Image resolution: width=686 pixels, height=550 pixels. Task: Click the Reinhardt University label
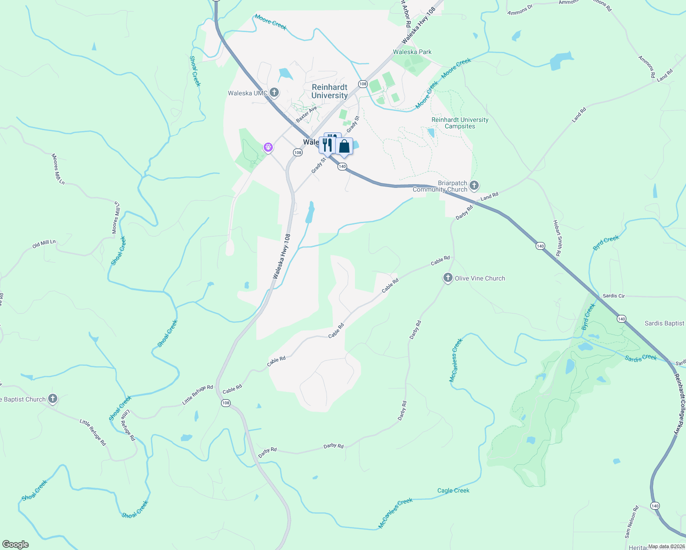pos(329,91)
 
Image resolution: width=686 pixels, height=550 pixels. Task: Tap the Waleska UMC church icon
pos(274,93)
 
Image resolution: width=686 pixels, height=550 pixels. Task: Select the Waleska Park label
pos(412,52)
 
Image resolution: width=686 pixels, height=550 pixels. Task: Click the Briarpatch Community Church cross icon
pos(474,186)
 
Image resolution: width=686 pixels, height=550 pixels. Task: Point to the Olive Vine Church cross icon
pos(448,278)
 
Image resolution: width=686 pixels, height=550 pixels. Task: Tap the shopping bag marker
pos(344,147)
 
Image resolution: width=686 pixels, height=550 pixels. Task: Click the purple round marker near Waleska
pos(268,147)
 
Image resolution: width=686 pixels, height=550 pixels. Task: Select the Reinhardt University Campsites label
pos(460,123)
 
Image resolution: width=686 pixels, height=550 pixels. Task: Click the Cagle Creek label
pos(453,490)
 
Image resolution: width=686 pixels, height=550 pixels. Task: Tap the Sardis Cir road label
pos(614,296)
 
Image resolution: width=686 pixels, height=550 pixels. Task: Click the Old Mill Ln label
pos(44,244)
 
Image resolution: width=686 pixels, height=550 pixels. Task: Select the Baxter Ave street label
pos(306,115)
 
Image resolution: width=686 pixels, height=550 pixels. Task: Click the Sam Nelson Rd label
pos(631,522)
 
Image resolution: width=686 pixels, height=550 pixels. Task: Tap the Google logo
pos(15,544)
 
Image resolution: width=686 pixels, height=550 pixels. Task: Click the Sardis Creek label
pos(641,358)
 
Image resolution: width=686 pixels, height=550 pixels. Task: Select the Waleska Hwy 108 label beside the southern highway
pos(282,256)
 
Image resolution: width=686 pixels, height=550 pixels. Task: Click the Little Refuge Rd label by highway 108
pos(198,394)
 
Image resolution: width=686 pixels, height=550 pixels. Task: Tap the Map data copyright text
pos(666,546)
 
